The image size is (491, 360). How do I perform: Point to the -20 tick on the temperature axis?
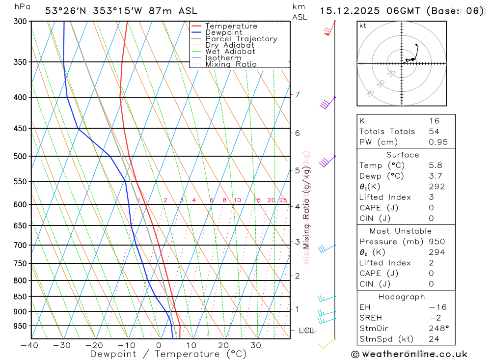(94, 345)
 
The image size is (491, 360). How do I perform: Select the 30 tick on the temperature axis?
(256, 345)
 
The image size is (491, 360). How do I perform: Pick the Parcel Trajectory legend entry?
(241, 39)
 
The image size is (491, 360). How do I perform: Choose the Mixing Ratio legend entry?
(231, 64)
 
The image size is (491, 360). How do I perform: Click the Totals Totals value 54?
(434, 132)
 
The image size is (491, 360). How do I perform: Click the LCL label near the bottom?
(306, 331)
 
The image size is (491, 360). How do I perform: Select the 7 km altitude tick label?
(297, 94)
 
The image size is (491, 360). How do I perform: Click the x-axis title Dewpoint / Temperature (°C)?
(168, 354)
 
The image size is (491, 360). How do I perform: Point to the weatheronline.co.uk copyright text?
(409, 354)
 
